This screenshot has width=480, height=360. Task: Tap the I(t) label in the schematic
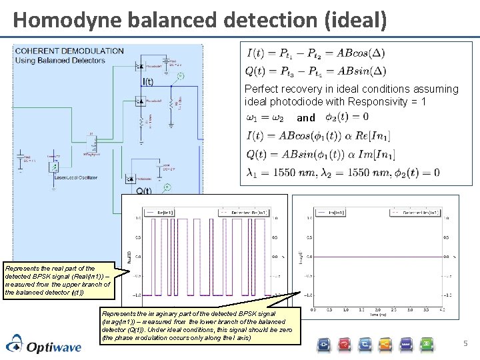click(x=148, y=83)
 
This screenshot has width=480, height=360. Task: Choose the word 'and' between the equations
click(x=306, y=118)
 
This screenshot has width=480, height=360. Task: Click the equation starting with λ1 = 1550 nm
click(x=343, y=173)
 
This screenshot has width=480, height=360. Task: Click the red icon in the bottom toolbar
click(x=344, y=344)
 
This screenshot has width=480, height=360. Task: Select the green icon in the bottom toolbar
click(x=427, y=344)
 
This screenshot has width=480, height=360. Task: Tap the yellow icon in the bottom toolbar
click(x=386, y=344)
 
